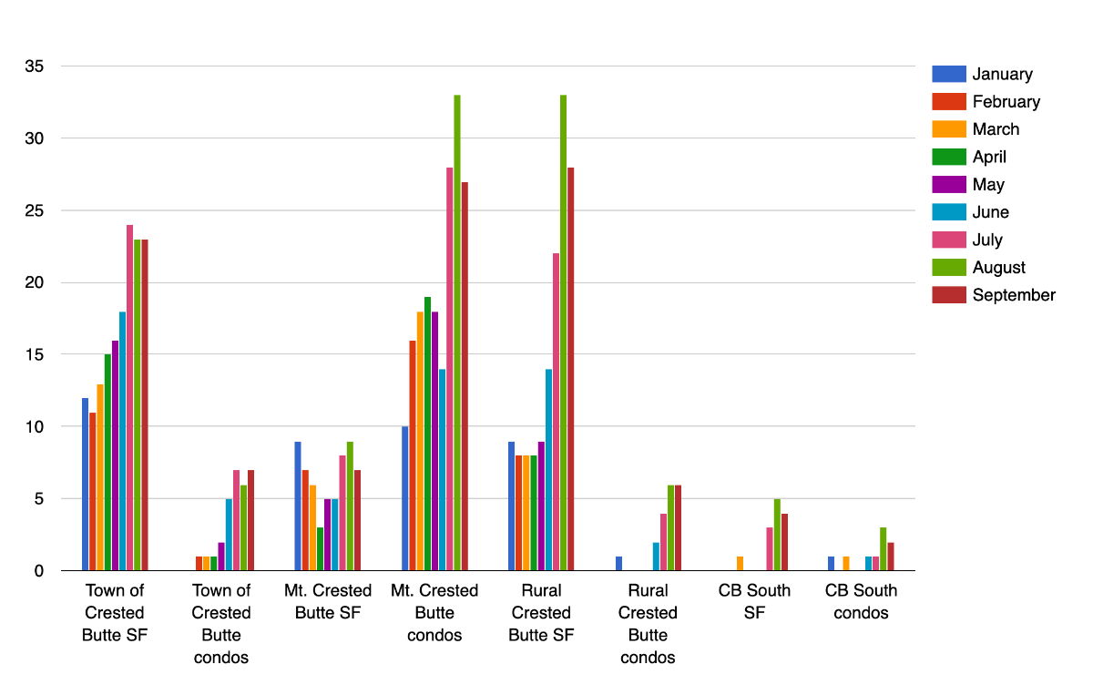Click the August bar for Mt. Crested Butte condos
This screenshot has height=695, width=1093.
pyautogui.click(x=457, y=332)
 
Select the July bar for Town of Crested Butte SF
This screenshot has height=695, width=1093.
pyautogui.click(x=130, y=397)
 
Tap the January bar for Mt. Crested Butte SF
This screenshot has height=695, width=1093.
pyautogui.click(x=298, y=506)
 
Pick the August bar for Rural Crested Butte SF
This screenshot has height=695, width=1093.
pyautogui.click(x=564, y=332)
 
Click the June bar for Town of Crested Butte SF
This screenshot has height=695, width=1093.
pyautogui.click(x=122, y=441)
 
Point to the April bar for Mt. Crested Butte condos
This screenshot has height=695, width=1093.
pyautogui.click(x=427, y=434)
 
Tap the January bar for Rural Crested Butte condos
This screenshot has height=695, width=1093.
pyautogui.click(x=618, y=564)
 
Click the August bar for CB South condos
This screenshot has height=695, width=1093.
pyautogui.click(x=884, y=549)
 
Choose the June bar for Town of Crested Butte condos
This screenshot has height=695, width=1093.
pyautogui.click(x=229, y=535)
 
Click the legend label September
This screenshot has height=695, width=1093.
pyautogui.click(x=1014, y=295)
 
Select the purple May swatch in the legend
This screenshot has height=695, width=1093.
pyautogui.click(x=948, y=185)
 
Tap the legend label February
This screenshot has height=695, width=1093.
pyautogui.click(x=1006, y=102)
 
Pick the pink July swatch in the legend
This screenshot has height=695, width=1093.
pyautogui.click(x=948, y=240)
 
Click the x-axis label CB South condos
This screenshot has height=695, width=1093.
pyautogui.click(x=861, y=602)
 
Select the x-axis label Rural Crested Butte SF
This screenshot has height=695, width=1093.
pyautogui.click(x=541, y=613)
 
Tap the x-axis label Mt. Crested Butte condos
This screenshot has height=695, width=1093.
pyautogui.click(x=434, y=613)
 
